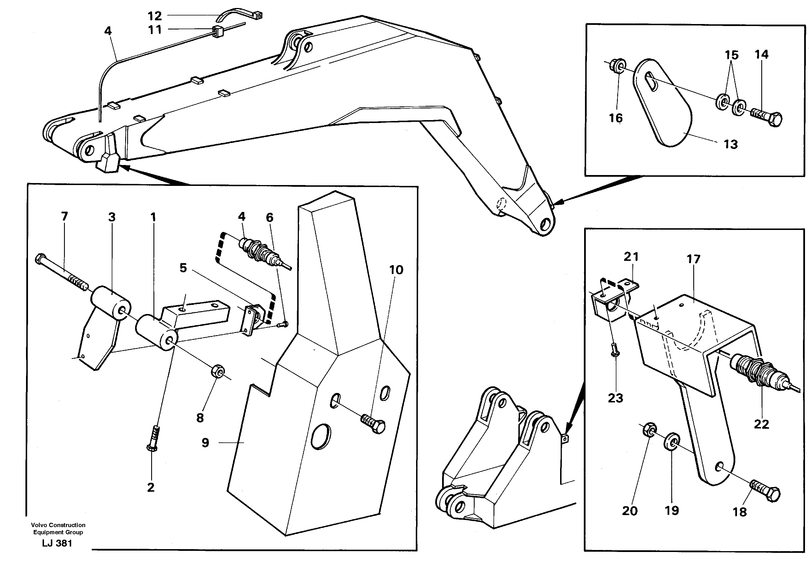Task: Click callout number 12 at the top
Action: pos(155,16)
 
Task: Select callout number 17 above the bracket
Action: pos(693,259)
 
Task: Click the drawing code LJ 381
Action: pos(57,543)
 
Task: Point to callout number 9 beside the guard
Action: pos(205,442)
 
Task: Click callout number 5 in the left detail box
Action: pos(183,268)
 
